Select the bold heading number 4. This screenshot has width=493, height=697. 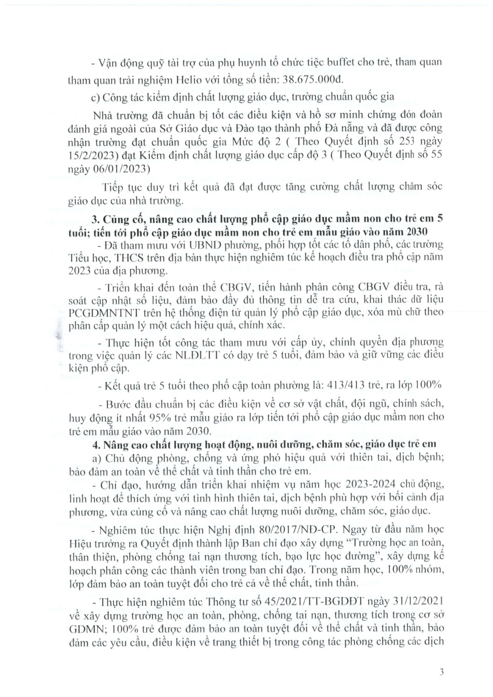click(x=96, y=444)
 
